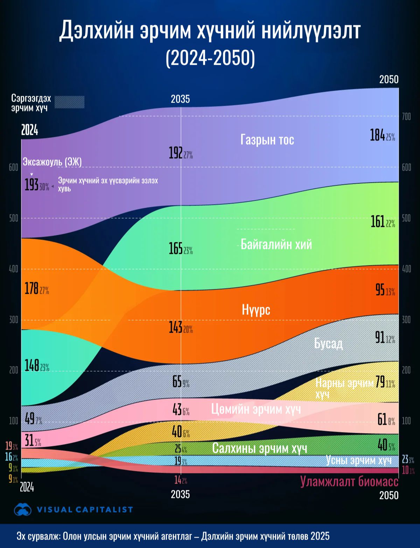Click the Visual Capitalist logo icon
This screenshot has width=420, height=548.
[23, 509]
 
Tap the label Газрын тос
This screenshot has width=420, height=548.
[267, 140]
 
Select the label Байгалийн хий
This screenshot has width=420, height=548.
[276, 244]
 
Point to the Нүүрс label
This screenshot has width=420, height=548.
[256, 310]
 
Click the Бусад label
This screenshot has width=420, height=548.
[328, 344]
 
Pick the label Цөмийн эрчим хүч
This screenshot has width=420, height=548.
[256, 409]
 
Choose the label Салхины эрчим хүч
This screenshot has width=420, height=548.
[259, 448]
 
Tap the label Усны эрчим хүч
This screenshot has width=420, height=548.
[358, 460]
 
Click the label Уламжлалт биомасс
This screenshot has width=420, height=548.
[349, 481]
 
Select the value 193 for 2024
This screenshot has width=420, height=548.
[31, 185]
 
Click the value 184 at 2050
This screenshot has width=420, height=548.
[378, 135]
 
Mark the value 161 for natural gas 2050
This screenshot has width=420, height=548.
[378, 222]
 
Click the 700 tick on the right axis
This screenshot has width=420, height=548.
[406, 117]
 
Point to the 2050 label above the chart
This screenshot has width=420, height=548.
[389, 79]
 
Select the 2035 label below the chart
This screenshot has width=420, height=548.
[180, 494]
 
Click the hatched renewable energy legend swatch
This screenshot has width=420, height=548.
[70, 102]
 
